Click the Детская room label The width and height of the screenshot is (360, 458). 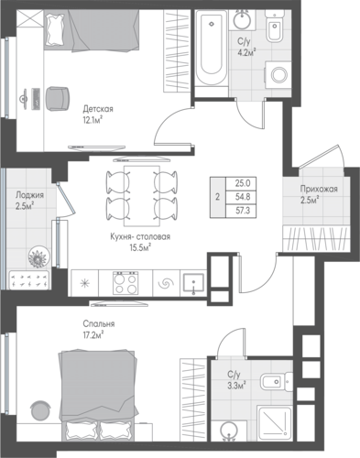[98, 109]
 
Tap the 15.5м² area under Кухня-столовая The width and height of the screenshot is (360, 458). [141, 247]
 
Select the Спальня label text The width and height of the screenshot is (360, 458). [99, 323]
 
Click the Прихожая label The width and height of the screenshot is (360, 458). [319, 189]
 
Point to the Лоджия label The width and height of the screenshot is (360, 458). [29, 195]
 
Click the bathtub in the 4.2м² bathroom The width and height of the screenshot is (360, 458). [211, 48]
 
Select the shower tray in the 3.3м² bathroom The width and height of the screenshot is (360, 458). [275, 422]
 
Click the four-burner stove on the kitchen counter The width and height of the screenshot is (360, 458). [125, 283]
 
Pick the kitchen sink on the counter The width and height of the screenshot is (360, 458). [193, 283]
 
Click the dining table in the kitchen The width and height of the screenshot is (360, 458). [142, 196]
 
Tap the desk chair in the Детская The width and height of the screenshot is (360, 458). [58, 98]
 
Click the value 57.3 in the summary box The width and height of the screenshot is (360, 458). [243, 211]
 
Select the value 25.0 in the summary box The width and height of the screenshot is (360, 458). [243, 183]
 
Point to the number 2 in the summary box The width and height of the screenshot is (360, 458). [217, 197]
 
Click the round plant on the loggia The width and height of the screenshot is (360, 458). [38, 256]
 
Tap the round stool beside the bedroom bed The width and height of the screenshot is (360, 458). [41, 410]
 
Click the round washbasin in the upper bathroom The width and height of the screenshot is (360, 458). [243, 18]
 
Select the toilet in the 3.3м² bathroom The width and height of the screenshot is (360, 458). [277, 382]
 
